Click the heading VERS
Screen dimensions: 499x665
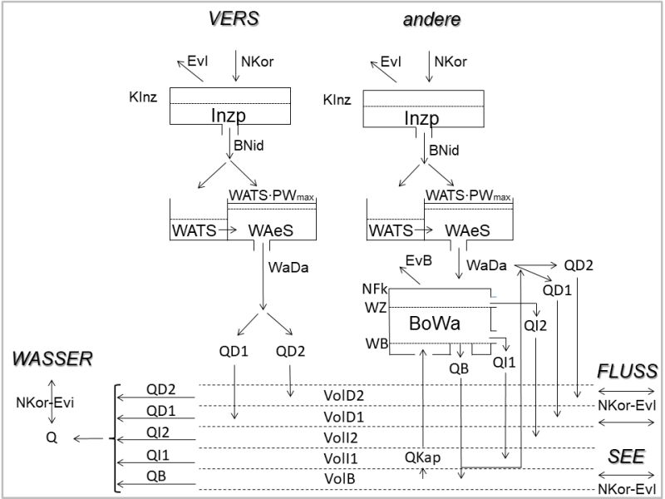[x=233, y=18]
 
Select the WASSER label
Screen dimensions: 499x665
[x=52, y=359]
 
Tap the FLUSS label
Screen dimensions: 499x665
[x=628, y=370]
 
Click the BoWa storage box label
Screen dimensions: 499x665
[x=436, y=322]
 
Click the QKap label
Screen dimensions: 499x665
[x=422, y=457]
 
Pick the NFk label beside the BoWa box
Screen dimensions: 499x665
[x=375, y=289]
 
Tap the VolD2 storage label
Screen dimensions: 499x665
[x=343, y=395]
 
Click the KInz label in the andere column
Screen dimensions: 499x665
[x=337, y=101]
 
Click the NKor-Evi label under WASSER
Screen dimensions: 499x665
[x=45, y=403]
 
